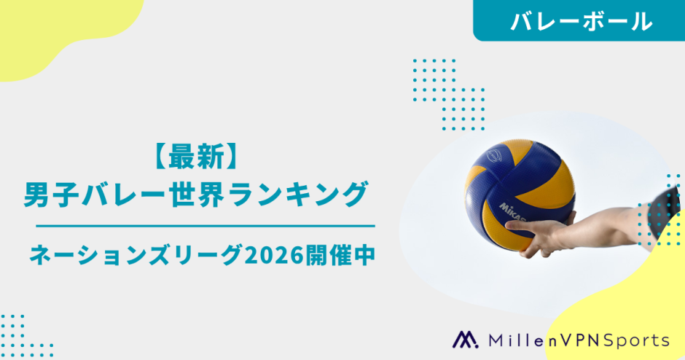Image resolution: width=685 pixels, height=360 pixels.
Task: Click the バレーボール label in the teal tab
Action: (582, 21)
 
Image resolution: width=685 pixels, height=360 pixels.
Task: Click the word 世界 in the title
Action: (196, 195)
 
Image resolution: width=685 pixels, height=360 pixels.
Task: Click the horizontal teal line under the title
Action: (205, 226)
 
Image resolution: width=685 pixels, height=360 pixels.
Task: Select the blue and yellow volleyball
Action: (520, 195)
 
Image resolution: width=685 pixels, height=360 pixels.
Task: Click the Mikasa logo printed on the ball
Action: (513, 212)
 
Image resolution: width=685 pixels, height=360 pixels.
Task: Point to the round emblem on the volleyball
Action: (494, 155)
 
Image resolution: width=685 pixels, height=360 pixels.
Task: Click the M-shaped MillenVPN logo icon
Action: (465, 340)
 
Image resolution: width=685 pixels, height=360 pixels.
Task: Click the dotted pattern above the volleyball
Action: (449, 94)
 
